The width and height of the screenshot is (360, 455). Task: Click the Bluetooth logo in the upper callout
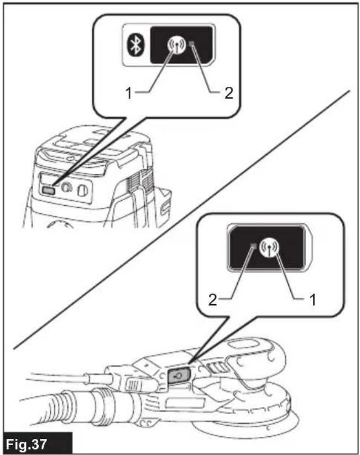[x=135, y=45]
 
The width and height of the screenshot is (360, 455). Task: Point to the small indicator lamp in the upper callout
[x=192, y=44]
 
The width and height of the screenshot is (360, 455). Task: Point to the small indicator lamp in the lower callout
[x=253, y=246]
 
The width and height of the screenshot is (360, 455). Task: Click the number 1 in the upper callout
[x=129, y=93]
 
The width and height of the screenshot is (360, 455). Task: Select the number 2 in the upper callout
[x=229, y=93]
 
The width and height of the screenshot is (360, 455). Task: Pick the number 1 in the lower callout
[x=312, y=300]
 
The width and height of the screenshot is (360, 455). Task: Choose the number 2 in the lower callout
[x=212, y=300]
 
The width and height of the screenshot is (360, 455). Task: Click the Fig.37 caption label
[x=27, y=444]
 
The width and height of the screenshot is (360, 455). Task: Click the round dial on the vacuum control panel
[x=66, y=188]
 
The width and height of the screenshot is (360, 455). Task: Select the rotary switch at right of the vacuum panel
[x=82, y=191]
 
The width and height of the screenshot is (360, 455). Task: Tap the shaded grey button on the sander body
[x=178, y=375]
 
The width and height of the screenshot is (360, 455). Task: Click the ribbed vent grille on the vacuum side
[x=138, y=184]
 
